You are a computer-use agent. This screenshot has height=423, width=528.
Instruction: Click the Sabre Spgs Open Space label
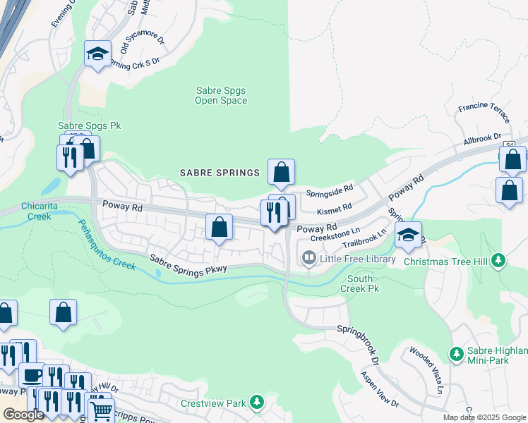(221, 95)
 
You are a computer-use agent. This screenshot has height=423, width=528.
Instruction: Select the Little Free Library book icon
(308, 259)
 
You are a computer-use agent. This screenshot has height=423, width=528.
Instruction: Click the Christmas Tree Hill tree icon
(499, 261)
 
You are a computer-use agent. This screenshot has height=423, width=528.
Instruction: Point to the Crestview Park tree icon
(257, 403)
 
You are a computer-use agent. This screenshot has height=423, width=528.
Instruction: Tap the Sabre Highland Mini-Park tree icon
(457, 352)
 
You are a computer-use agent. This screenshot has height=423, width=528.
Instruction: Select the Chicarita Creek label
(25, 211)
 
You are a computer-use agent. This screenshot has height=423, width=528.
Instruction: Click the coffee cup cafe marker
(31, 374)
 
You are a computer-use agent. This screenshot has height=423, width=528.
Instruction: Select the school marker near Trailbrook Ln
(408, 235)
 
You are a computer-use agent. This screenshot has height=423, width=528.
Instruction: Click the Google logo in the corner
(23, 415)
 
